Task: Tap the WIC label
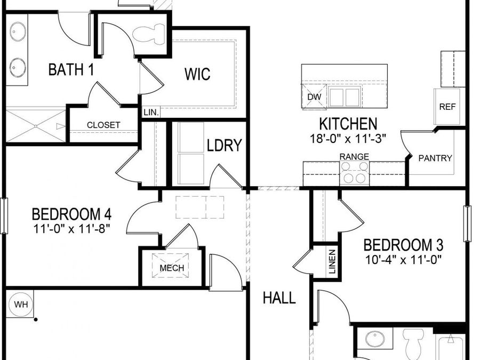(x=197, y=74)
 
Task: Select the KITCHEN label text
(x=348, y=124)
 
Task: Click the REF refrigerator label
(x=447, y=107)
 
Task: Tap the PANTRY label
(x=435, y=158)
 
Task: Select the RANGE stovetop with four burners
(x=355, y=173)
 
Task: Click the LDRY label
(x=225, y=145)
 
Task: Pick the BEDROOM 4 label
(x=71, y=214)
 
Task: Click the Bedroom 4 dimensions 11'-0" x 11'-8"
(x=71, y=230)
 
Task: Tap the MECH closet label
(x=172, y=268)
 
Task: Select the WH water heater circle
(x=21, y=305)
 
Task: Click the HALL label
(x=279, y=298)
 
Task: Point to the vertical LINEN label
(x=332, y=262)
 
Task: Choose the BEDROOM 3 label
(x=403, y=245)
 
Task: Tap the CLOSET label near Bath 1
(x=103, y=125)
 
